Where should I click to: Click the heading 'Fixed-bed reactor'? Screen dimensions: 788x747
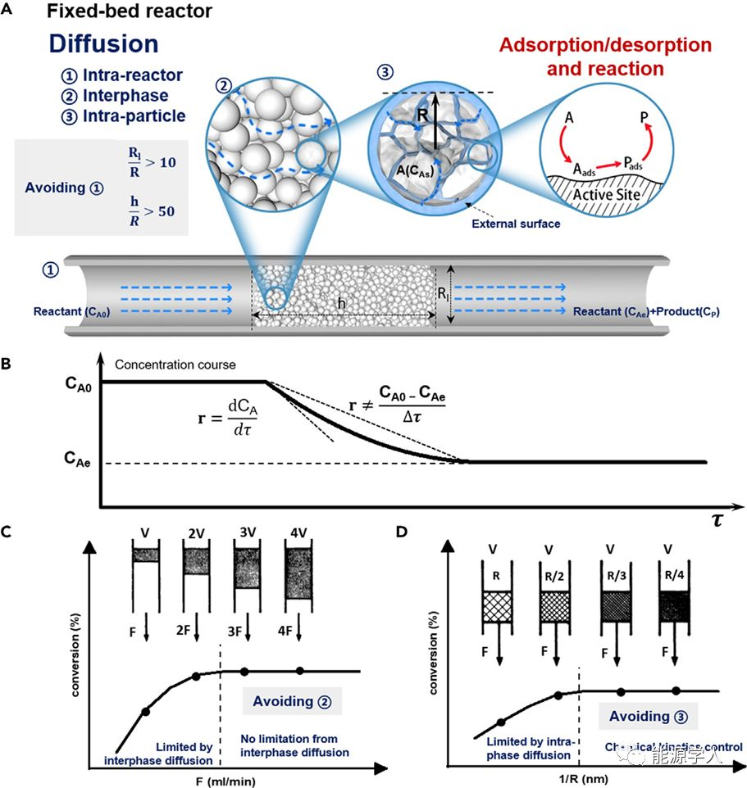(x=130, y=11)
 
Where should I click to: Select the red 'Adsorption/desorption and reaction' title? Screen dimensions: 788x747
(x=606, y=56)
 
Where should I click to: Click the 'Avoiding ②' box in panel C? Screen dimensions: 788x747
(x=291, y=701)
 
